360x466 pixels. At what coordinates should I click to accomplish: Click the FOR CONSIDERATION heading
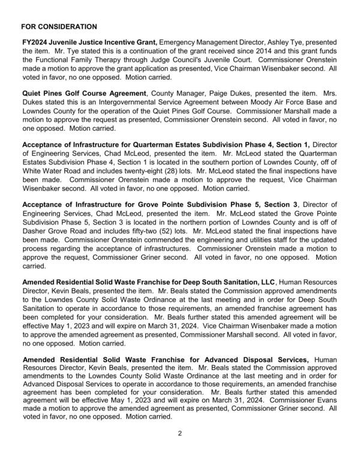point(58,28)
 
